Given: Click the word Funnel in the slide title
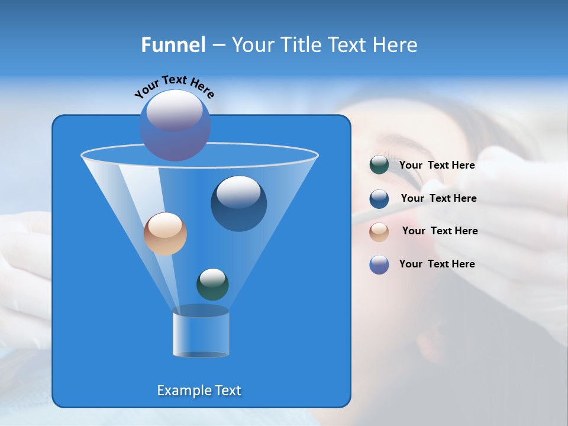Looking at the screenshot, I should coord(173,45).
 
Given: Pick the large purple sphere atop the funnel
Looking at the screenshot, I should coord(175,125).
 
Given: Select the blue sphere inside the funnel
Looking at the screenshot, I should coord(238,203).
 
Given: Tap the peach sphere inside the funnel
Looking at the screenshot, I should coord(165,234).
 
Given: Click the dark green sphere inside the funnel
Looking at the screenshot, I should coord(212,284).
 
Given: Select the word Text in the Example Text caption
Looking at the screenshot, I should coord(227,390).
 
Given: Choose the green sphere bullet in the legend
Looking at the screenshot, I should coord(379,165).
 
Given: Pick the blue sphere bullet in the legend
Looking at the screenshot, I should coord(379,199).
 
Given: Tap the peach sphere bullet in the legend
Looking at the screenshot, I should coord(379,231).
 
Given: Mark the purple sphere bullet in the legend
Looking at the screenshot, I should coord(379,264).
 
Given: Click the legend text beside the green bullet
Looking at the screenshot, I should coord(437,166).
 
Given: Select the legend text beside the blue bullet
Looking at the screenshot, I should coord(438,198).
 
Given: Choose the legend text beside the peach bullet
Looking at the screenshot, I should coord(440,231).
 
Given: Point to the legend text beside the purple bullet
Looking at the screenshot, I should coord(437,264).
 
